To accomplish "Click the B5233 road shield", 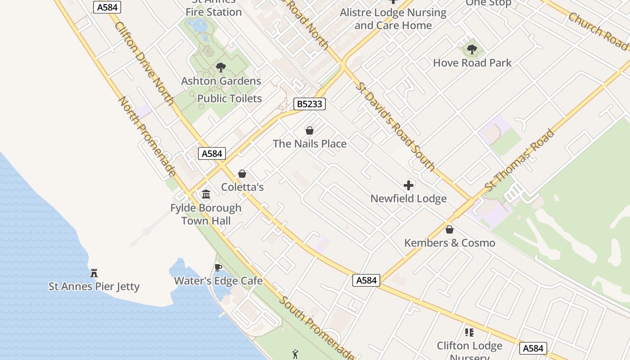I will click(x=310, y=104).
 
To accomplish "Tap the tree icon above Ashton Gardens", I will click(x=220, y=67).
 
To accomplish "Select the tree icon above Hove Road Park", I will click(x=472, y=49).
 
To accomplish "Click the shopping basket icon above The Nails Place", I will click(x=310, y=130).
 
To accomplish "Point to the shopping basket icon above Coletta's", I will click(x=242, y=174).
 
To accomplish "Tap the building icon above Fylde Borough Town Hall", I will click(x=206, y=194).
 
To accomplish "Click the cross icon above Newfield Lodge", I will click(x=409, y=185).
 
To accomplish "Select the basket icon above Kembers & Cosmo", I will click(x=449, y=229).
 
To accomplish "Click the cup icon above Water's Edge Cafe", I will click(x=218, y=268).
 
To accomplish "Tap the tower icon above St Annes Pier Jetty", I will click(x=94, y=273).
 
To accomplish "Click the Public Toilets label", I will click(x=229, y=99).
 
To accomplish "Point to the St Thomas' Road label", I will click(x=520, y=161).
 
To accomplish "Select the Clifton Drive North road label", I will click(x=144, y=63).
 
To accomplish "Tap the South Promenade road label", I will click(x=316, y=328).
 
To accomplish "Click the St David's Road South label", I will click(x=395, y=126).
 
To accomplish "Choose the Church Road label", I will click(x=598, y=31).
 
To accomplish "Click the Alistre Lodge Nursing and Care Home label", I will click(x=393, y=19).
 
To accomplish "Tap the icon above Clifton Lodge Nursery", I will click(x=469, y=333).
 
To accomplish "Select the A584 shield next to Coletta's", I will click(x=212, y=153).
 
